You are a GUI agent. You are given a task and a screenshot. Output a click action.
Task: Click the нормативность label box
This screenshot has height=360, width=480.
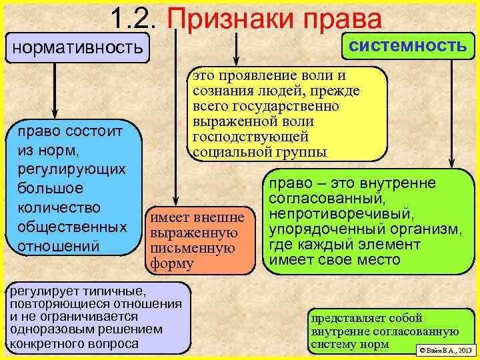77,47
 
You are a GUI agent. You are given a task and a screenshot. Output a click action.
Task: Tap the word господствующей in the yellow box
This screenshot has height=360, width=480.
250,137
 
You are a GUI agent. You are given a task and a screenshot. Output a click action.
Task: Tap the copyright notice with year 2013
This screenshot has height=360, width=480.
444,350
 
